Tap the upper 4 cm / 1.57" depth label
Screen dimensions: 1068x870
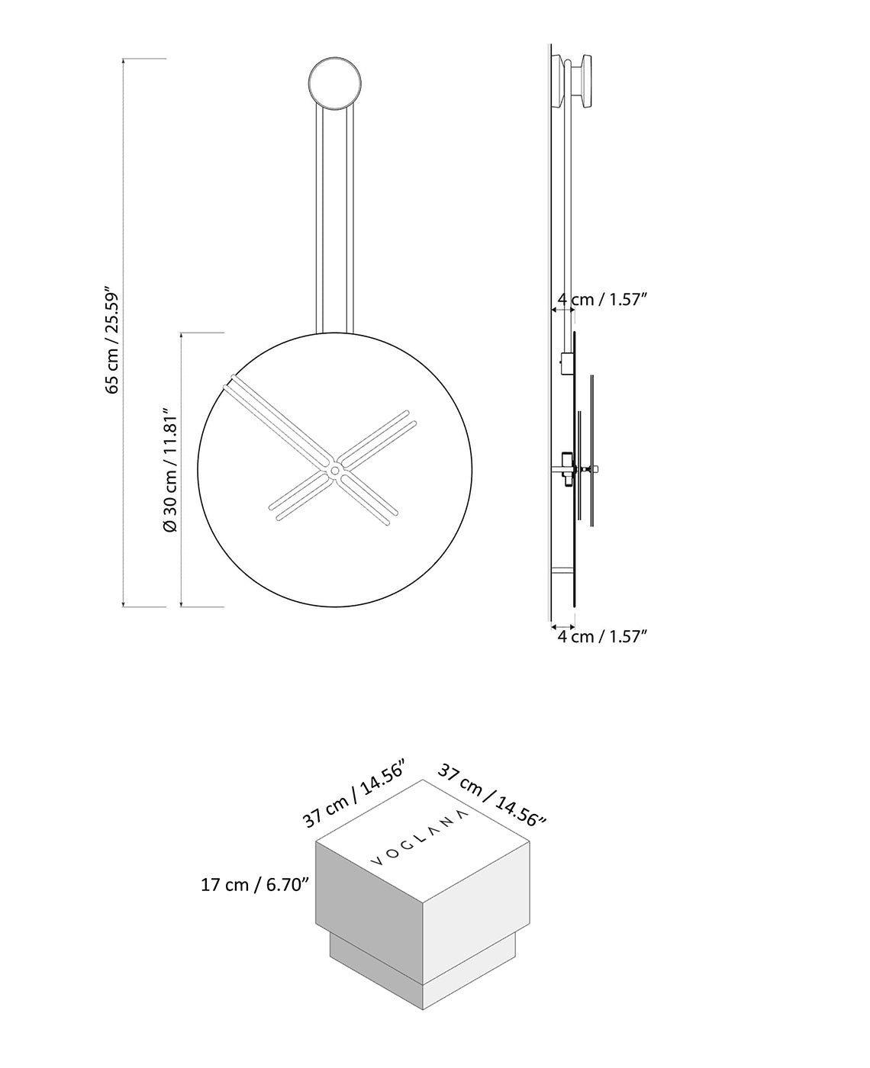(x=602, y=300)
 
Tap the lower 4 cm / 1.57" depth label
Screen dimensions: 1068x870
(x=602, y=636)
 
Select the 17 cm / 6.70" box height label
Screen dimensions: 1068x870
(x=254, y=885)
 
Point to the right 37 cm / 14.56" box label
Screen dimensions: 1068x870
(x=493, y=796)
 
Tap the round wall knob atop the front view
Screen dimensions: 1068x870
(x=334, y=82)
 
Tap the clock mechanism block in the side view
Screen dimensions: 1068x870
(x=565, y=468)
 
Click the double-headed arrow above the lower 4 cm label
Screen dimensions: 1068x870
(x=562, y=624)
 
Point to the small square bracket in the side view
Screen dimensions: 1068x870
(x=565, y=363)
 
